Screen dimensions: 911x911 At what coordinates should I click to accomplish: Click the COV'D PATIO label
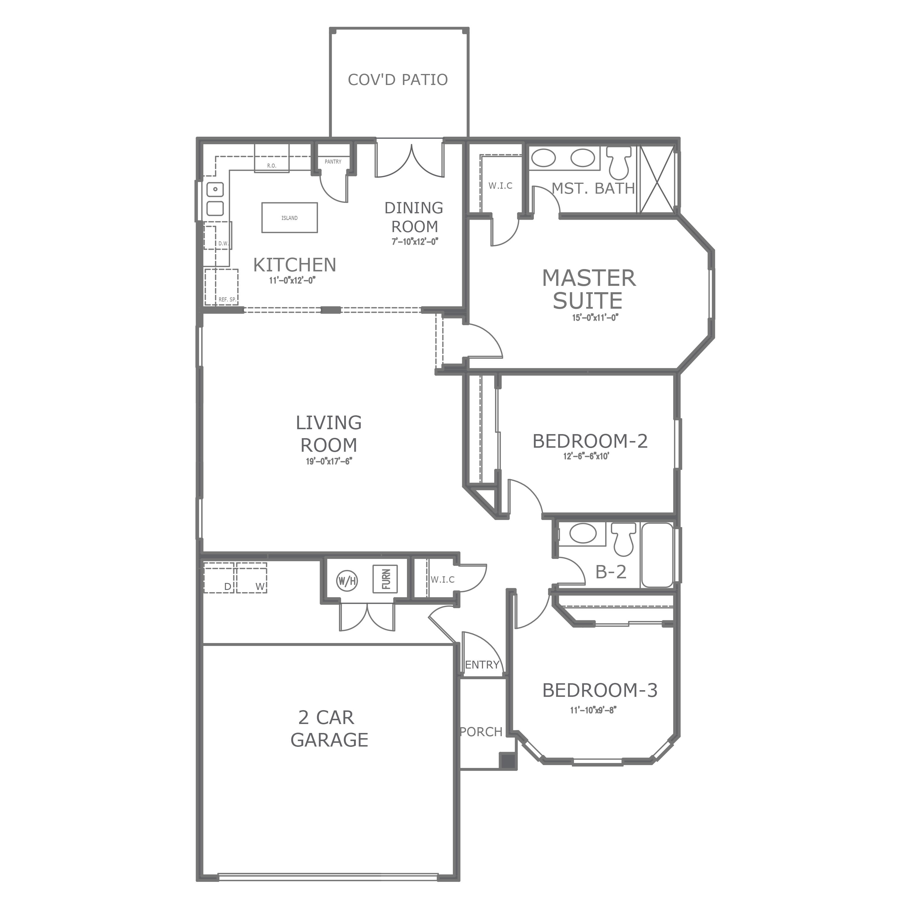pos(397,80)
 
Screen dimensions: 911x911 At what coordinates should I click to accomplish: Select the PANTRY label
pos(333,162)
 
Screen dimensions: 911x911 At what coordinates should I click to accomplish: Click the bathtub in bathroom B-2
pos(657,555)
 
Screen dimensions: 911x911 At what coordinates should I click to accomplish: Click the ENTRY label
pos(482,665)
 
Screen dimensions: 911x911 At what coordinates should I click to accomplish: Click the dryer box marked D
pos(219,578)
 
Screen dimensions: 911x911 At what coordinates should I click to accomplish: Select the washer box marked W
pos(252,578)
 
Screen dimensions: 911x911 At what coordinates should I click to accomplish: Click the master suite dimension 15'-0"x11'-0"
pos(595,317)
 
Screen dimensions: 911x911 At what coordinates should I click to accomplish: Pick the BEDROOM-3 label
pos(600,690)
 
